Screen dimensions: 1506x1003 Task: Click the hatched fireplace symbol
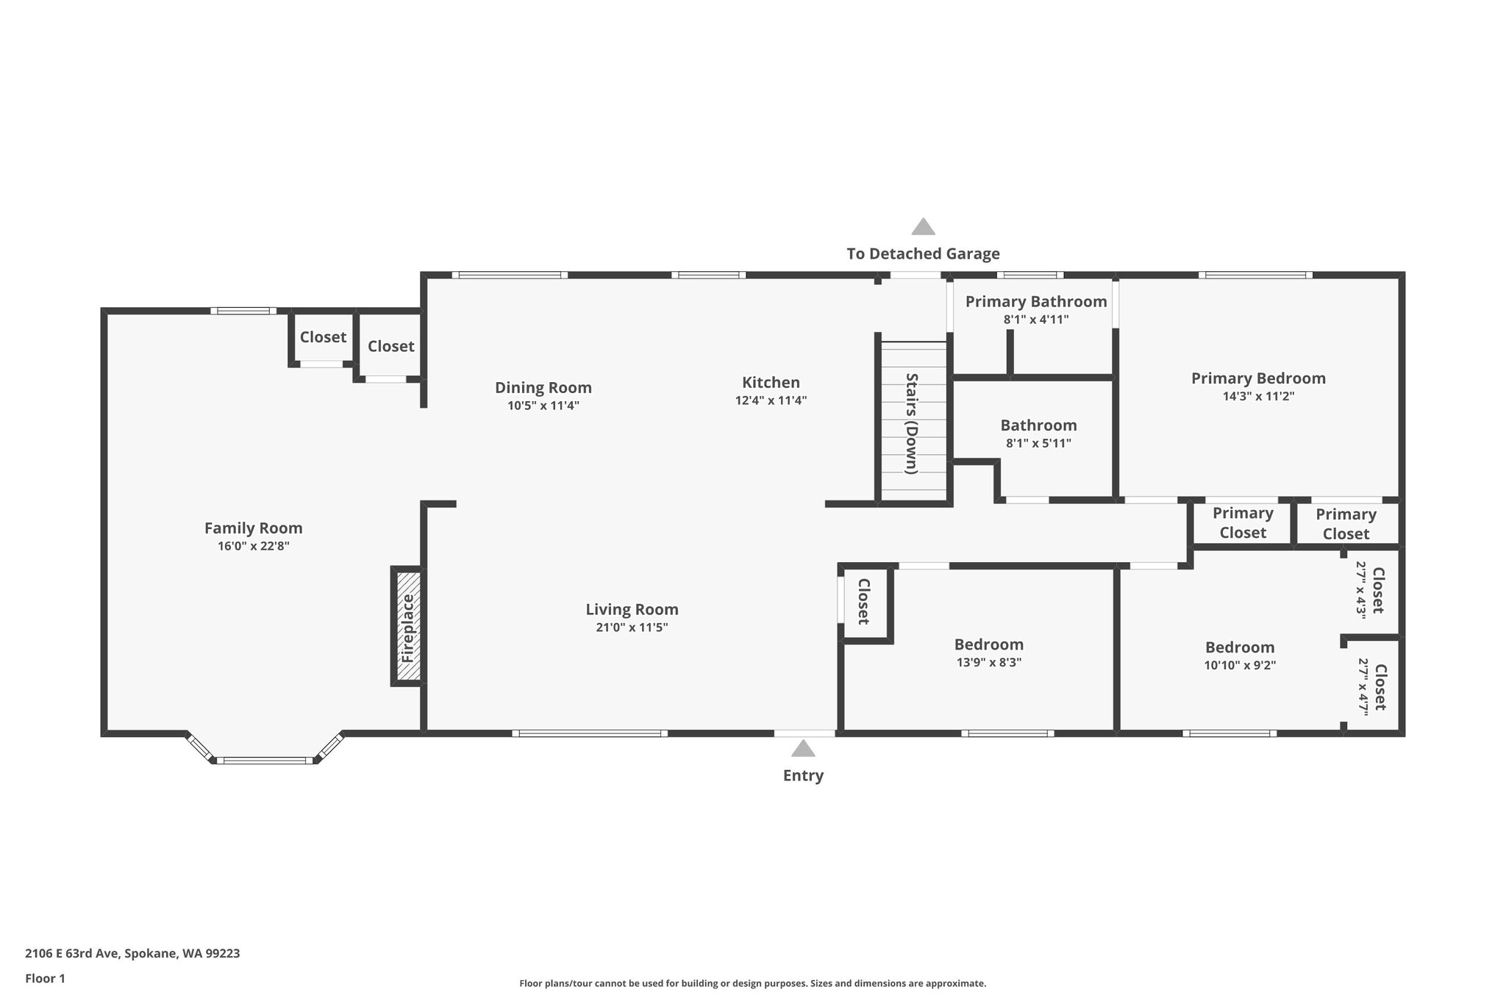[409, 626]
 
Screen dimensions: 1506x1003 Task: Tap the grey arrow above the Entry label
[803, 748]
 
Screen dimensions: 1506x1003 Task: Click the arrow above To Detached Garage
[923, 226]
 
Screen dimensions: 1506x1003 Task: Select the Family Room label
[254, 528]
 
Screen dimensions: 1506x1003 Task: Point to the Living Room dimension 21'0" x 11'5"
[632, 628]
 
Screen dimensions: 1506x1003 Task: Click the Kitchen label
[771, 382]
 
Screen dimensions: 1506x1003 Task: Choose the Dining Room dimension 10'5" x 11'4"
[543, 406]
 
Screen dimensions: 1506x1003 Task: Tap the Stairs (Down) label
[912, 423]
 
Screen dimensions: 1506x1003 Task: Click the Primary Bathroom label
[1036, 301]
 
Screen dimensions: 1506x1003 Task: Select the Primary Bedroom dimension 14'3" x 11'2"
[1258, 396]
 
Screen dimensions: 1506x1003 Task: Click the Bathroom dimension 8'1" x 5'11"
[1038, 443]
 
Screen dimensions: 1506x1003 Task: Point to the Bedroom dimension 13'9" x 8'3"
[989, 662]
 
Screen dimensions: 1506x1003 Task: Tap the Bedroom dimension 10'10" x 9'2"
[1240, 665]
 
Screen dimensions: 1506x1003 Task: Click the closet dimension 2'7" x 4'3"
[1361, 590]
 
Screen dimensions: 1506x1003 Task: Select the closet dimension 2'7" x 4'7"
[1363, 686]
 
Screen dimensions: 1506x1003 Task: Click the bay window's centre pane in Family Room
[265, 761]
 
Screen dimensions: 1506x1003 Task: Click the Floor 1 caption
[45, 979]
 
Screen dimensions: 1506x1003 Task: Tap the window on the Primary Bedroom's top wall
[1255, 276]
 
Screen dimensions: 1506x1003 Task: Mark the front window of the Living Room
[590, 733]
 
